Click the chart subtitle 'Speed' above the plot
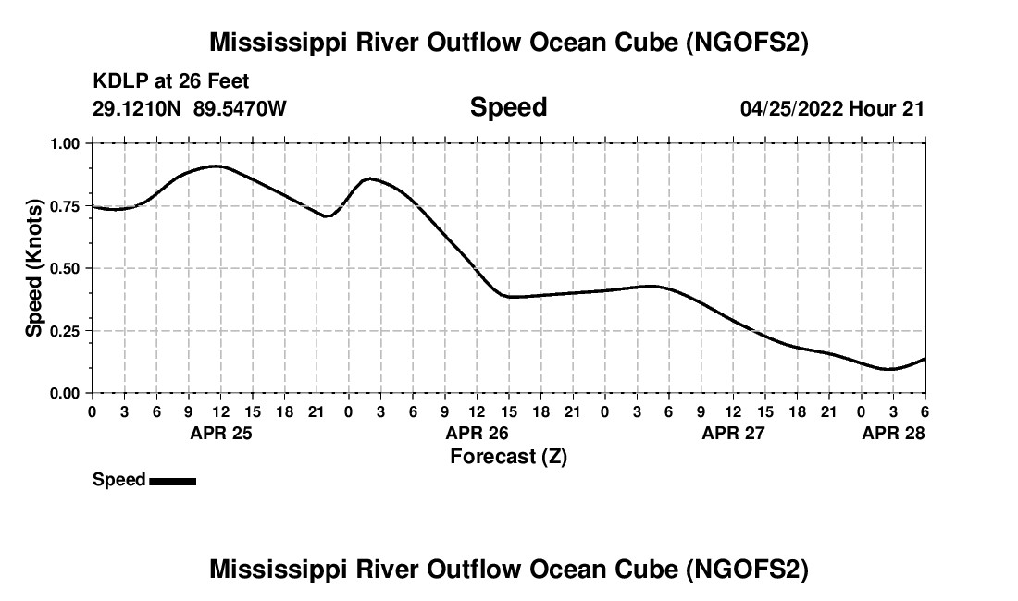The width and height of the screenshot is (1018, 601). [508, 107]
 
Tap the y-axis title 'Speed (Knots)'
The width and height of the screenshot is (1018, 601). [34, 268]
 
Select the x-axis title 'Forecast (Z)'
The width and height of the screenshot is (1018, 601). [508, 456]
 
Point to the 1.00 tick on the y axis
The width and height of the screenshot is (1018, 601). [65, 143]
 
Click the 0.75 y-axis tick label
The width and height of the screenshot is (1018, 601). [65, 206]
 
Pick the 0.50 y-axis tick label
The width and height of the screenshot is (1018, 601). [65, 268]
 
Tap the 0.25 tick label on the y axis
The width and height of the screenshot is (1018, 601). [65, 331]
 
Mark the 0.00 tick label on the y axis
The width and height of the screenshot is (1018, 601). [65, 394]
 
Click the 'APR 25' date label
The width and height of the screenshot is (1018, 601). [220, 434]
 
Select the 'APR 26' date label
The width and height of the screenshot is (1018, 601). [478, 434]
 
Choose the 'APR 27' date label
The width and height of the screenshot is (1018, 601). [734, 434]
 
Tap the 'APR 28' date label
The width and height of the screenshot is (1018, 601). [894, 434]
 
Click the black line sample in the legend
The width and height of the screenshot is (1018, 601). [172, 481]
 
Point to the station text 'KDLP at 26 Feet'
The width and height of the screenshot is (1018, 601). [171, 81]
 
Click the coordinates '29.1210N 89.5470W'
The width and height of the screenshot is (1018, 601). [190, 108]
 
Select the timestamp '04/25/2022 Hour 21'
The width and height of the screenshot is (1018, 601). [832, 108]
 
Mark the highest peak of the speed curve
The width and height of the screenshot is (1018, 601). [216, 166]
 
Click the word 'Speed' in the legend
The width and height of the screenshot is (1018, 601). [118, 480]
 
